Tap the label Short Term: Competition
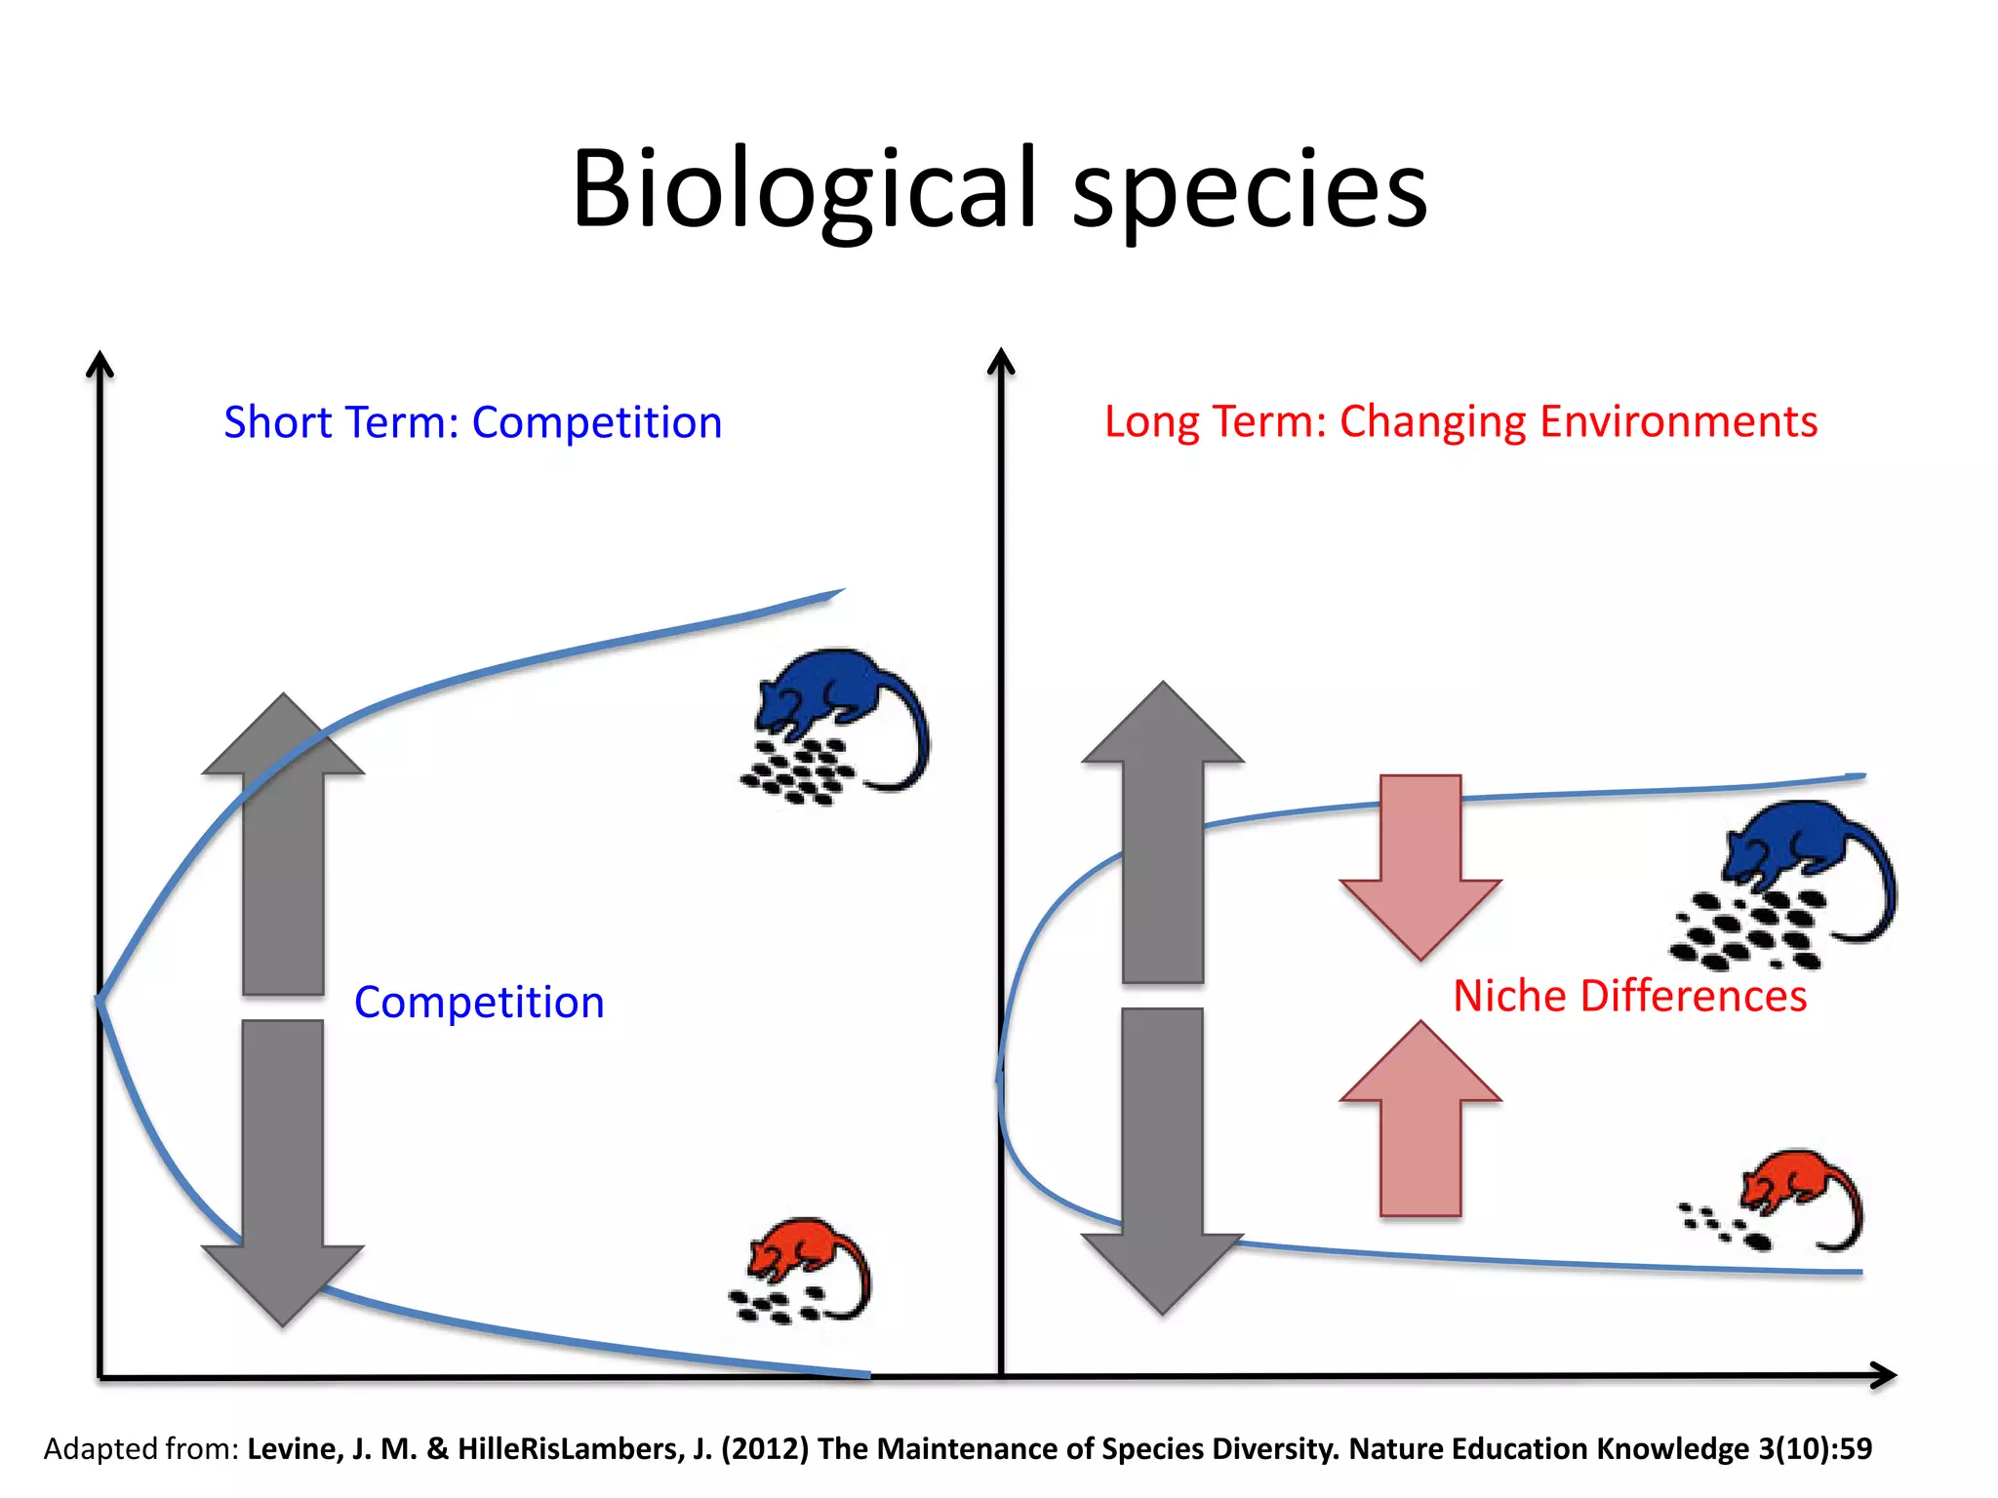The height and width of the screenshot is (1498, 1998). click(473, 422)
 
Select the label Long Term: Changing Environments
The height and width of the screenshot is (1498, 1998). click(1460, 421)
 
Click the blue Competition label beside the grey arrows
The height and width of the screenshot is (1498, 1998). click(479, 1003)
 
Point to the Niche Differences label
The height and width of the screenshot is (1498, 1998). click(1629, 996)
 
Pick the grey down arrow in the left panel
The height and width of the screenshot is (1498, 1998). click(283, 1170)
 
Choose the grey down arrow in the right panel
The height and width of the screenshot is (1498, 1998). click(1163, 1161)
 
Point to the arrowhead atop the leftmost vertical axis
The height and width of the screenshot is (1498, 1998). click(100, 365)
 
